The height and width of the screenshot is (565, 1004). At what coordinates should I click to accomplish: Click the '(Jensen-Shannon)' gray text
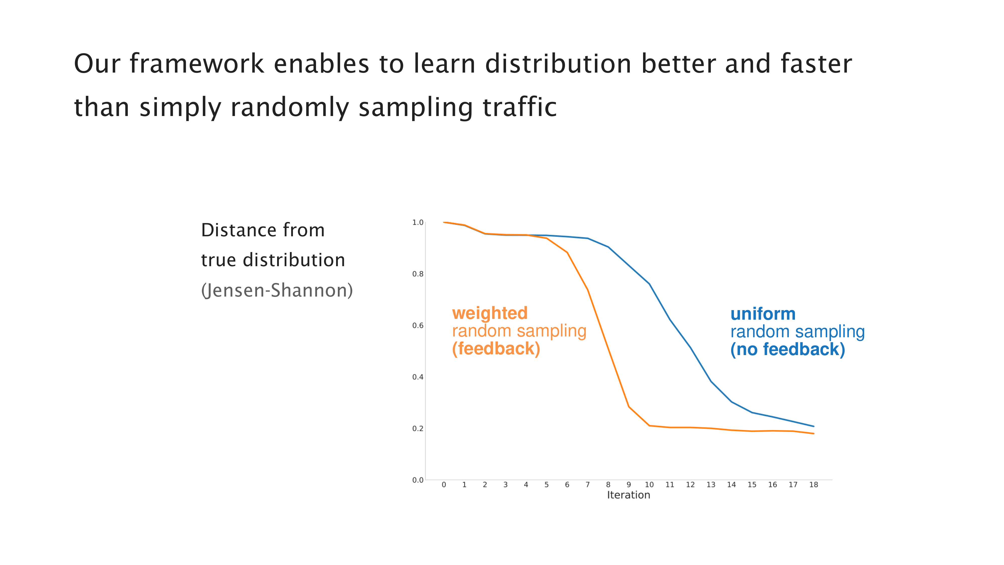[x=277, y=291]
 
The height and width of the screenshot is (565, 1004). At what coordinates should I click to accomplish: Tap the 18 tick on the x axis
[x=814, y=485]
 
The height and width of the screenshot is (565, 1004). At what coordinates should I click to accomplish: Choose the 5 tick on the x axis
[x=546, y=485]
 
